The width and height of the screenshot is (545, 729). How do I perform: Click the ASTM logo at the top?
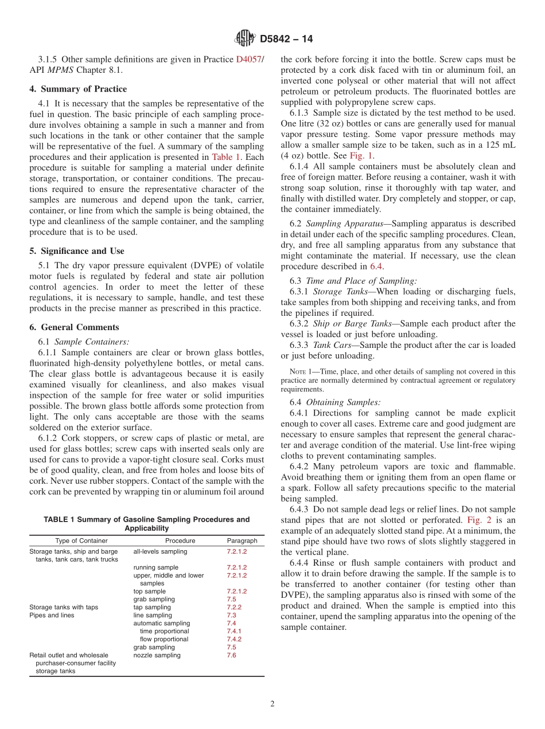click(245, 38)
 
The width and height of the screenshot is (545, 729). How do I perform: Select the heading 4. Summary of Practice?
click(78, 89)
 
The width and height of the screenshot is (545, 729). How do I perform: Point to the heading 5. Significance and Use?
click(76, 250)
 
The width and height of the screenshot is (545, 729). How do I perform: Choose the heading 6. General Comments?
click(74, 327)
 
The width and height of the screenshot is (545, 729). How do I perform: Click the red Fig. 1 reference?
click(361, 155)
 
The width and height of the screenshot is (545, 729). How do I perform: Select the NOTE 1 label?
click(301, 371)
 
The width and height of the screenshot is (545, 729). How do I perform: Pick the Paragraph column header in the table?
click(242, 540)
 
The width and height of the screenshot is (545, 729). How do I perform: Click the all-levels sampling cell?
click(160, 551)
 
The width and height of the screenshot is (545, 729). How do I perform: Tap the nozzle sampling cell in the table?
click(157, 655)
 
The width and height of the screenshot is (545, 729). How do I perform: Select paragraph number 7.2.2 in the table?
click(233, 607)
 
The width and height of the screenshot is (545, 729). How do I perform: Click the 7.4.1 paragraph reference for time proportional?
click(233, 631)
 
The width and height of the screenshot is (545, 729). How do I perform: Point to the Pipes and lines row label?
click(52, 615)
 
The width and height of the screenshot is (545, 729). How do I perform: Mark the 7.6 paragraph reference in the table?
click(231, 655)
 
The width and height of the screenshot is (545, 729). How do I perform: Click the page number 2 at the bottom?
click(272, 704)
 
